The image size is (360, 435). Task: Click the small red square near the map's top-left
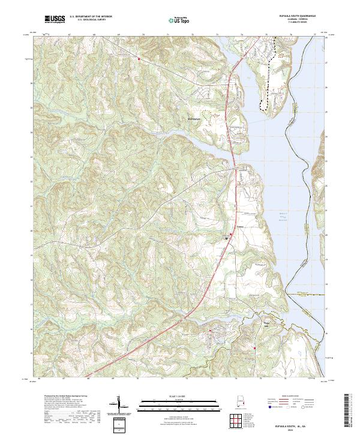click(x=139, y=59)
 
